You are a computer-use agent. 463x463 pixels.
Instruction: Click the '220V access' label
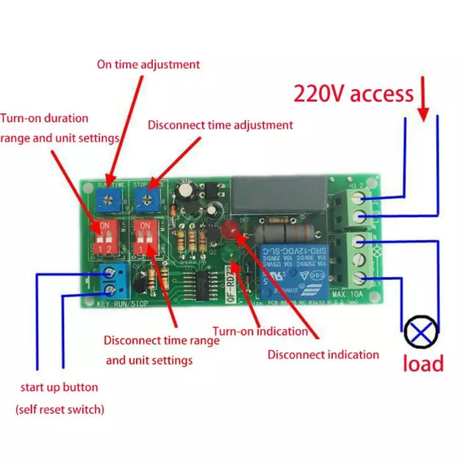[353, 94]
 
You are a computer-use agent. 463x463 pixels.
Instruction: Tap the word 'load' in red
[423, 363]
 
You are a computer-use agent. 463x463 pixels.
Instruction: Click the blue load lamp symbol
[420, 332]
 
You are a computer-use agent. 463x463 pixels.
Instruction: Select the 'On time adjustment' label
[148, 64]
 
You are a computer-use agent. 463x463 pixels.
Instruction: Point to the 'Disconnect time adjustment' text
[220, 125]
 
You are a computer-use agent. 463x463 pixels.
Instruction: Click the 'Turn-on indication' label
[260, 331]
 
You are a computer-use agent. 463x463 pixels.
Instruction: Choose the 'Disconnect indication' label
[323, 355]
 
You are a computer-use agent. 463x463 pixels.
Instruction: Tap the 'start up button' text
[59, 387]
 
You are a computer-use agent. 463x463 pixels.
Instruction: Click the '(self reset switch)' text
[60, 409]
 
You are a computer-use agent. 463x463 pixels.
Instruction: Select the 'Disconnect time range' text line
[162, 340]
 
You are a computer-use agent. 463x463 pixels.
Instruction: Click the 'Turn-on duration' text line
[44, 118]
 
